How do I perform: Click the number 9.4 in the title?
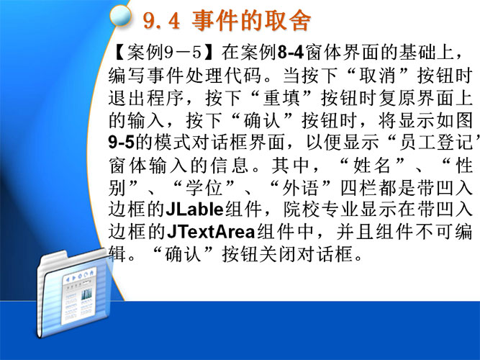tap(162, 21)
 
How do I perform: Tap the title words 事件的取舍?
tap(251, 21)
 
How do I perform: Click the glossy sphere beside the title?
tap(120, 15)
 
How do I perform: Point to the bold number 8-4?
tap(291, 53)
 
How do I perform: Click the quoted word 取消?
tap(378, 76)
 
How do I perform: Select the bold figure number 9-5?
tap(122, 143)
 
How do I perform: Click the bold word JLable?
tap(195, 210)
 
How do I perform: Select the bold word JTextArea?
tap(211, 233)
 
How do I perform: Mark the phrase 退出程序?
tap(146, 98)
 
